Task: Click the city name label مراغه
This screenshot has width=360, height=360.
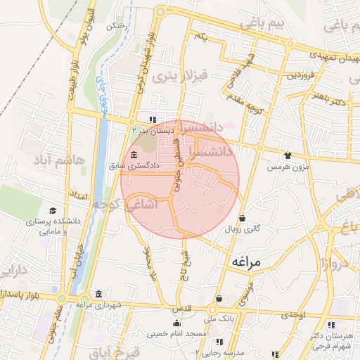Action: coord(245,262)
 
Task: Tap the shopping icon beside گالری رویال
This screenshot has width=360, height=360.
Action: coord(243,218)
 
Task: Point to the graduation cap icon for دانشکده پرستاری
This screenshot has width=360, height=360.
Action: coord(52,210)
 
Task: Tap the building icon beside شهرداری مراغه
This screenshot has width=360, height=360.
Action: coord(98,294)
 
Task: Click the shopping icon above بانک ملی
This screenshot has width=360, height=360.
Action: coord(219,298)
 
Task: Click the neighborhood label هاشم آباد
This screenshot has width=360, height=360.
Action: coord(60,162)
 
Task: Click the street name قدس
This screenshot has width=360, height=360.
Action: coord(181,309)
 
